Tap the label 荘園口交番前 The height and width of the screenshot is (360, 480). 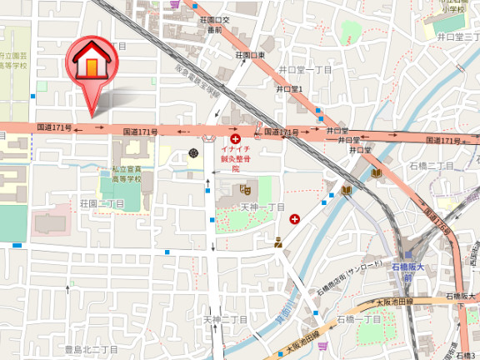pos(215,23)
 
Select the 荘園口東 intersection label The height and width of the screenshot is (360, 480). pos(249,55)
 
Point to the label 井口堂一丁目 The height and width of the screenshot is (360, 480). pos(305,69)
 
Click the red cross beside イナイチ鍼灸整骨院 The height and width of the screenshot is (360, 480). pos(236,139)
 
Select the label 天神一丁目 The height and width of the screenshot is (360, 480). pos(262,206)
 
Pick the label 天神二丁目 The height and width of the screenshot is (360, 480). pos(225,319)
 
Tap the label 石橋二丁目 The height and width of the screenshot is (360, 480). pos(432,167)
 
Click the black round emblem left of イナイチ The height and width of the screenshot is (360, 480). pos(194,153)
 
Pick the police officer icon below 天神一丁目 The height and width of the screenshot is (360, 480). pos(278,242)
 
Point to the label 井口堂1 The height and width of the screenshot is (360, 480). pos(288,89)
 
